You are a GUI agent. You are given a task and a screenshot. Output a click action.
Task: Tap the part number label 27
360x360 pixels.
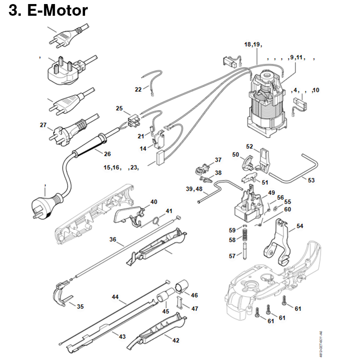click(43, 125)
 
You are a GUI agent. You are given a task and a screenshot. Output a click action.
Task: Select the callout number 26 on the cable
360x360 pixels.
click(107, 154)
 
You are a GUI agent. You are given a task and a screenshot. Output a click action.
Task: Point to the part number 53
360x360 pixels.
click(311, 180)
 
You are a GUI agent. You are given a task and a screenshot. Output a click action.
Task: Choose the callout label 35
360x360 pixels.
click(80, 306)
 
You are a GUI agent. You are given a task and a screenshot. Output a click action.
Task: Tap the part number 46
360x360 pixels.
click(194, 295)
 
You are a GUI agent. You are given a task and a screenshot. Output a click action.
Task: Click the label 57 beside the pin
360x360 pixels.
click(232, 256)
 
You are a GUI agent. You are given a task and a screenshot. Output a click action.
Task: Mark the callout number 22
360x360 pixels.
click(138, 89)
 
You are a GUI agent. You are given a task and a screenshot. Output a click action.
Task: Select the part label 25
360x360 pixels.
click(119, 108)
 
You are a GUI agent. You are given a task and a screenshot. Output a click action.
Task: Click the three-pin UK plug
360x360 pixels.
click(63, 67)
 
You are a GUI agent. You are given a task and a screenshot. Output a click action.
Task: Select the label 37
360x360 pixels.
click(218, 160)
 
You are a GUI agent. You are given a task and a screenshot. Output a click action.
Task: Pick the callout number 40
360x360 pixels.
click(154, 202)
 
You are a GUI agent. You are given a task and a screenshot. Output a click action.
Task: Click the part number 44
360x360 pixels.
click(115, 297)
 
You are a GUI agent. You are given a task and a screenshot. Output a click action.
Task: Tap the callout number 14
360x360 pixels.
click(143, 148)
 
